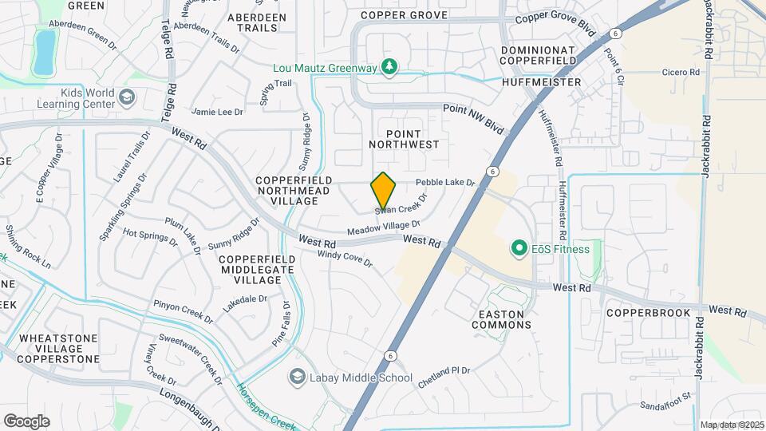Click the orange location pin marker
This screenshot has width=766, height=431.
383,190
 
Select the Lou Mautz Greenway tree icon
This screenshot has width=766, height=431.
389,67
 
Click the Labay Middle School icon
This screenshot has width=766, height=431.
298,377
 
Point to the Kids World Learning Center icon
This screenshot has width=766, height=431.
126,98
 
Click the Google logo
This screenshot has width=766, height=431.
26,421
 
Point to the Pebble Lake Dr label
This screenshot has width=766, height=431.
445,183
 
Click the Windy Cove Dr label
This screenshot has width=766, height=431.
345,258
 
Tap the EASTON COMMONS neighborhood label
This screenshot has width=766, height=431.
501,319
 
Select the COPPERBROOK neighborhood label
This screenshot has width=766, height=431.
647,313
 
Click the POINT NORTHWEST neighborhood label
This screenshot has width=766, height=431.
405,139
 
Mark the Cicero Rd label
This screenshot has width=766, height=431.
681,72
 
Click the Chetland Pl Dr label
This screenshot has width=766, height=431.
444,376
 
